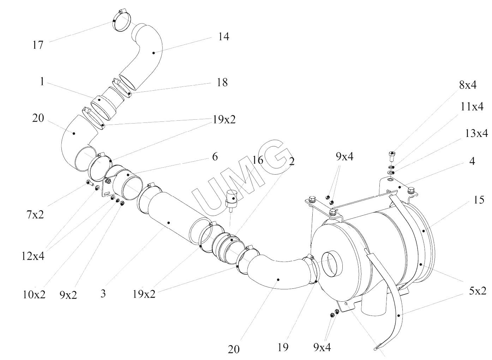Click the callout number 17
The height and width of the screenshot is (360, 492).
pos(38,45)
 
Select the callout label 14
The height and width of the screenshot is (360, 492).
pos(223,36)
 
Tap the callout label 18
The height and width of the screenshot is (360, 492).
pos(222,82)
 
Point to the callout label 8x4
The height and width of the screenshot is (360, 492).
pos(468,85)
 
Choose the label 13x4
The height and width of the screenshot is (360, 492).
pos(476,133)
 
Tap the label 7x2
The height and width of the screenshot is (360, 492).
pos(35,214)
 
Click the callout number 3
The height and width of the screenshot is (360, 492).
pos(103,294)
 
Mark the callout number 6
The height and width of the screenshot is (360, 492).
pos(215,157)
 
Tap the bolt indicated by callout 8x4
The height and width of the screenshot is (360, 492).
pos(392,155)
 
